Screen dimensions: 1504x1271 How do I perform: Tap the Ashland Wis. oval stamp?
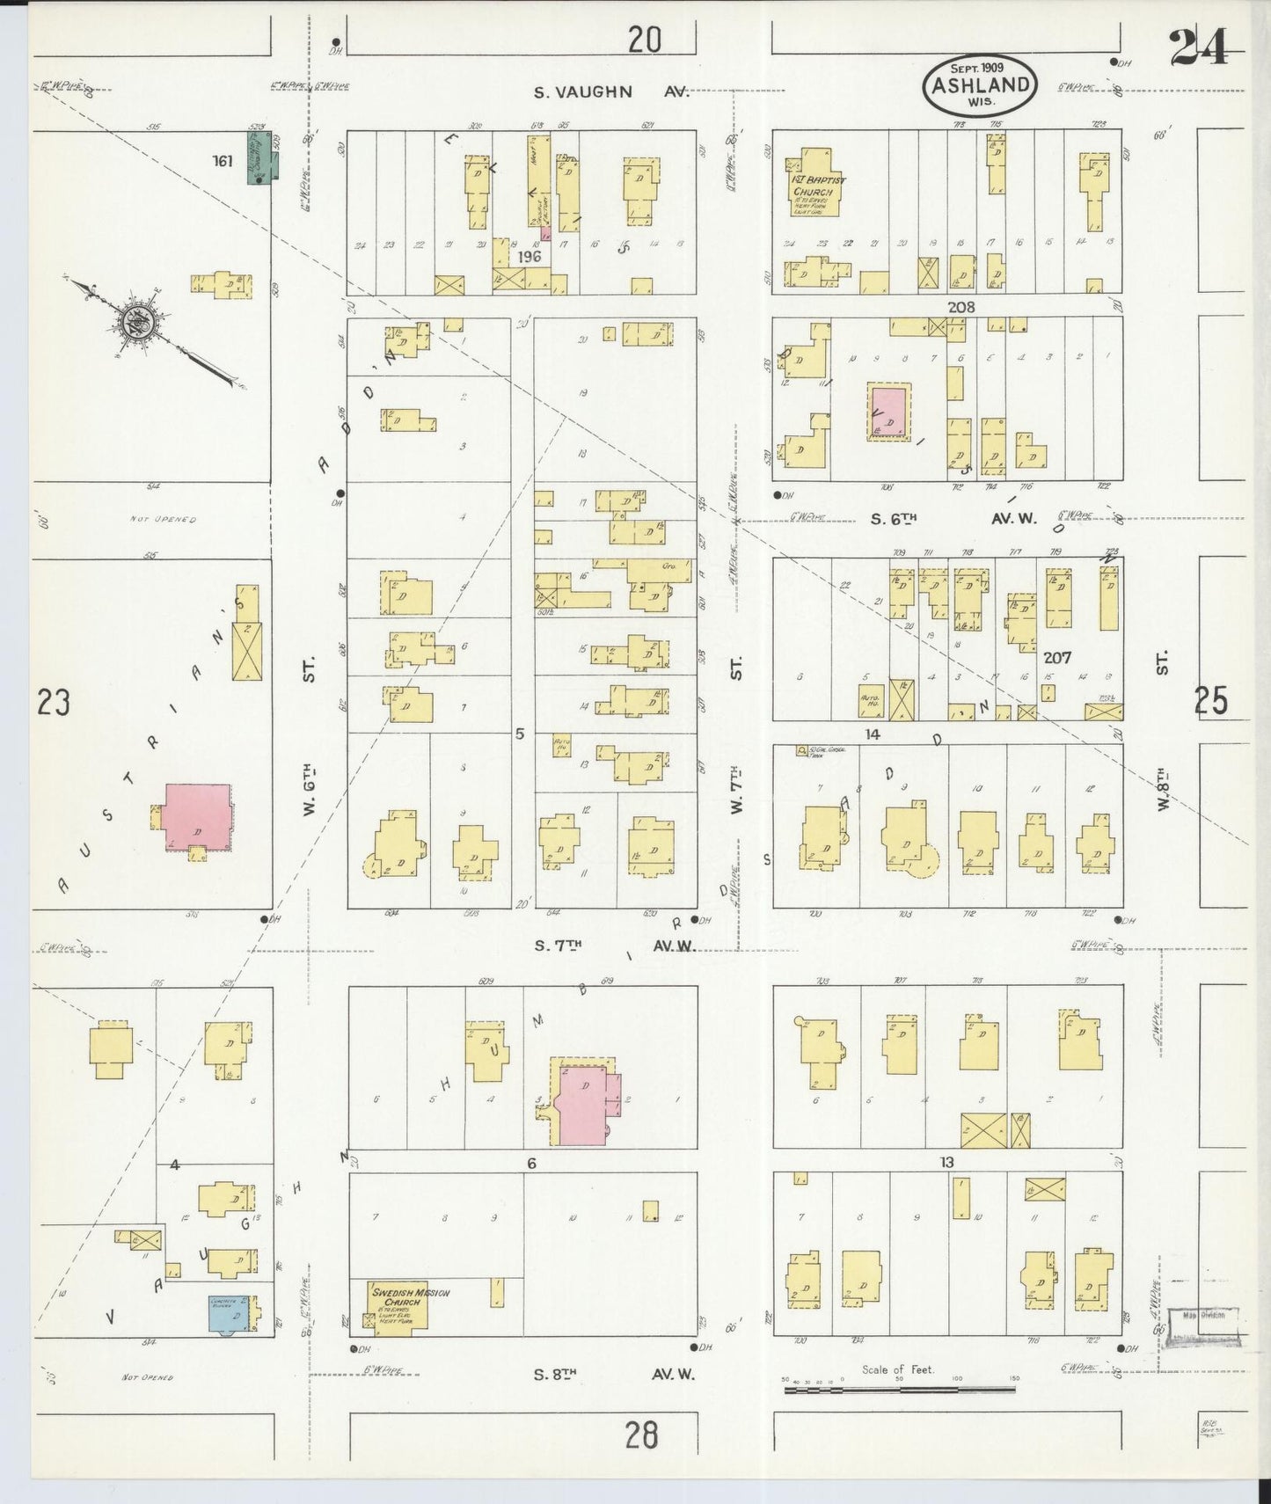point(980,85)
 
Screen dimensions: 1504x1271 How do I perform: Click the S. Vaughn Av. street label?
point(584,91)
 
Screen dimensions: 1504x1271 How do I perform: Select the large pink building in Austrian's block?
point(198,818)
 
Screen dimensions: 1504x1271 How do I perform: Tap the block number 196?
point(529,257)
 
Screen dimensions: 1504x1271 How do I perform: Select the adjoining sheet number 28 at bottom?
point(641,1435)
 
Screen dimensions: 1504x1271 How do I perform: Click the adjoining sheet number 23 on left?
point(53,704)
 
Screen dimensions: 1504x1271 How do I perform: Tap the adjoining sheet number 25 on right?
point(1210,701)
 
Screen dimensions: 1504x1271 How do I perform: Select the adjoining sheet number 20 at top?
point(645,40)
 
